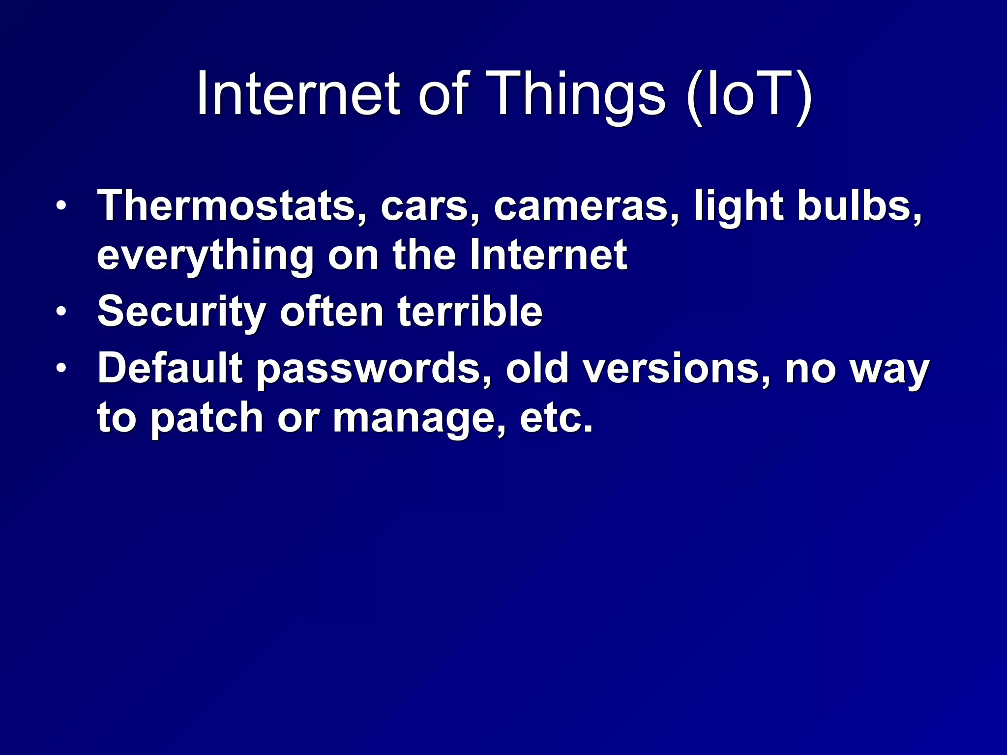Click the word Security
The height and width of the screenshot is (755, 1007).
[181, 313]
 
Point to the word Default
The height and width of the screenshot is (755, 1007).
[170, 369]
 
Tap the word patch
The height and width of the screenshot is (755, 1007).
[207, 419]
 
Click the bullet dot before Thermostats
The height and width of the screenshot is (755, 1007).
[60, 206]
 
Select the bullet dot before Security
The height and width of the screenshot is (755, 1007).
[60, 312]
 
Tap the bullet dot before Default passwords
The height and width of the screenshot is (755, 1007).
[60, 368]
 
